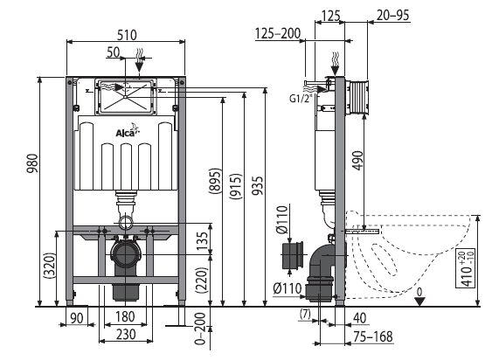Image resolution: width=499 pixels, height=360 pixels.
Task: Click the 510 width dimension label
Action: click(x=127, y=35)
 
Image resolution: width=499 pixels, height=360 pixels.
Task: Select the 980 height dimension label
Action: click(x=32, y=163)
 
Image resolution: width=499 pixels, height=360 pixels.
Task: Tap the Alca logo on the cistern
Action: click(x=128, y=131)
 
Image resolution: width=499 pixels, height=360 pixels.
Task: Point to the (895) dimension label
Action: click(x=215, y=180)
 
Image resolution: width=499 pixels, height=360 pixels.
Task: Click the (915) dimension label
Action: click(x=236, y=186)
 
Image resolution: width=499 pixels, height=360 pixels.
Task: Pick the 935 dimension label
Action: click(x=257, y=185)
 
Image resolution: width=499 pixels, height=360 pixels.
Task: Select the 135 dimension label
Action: click(x=202, y=241)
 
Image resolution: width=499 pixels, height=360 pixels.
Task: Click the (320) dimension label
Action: click(x=50, y=266)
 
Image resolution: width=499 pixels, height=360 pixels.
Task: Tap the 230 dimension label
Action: click(x=126, y=334)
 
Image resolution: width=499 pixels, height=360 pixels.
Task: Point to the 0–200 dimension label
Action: click(x=200, y=329)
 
